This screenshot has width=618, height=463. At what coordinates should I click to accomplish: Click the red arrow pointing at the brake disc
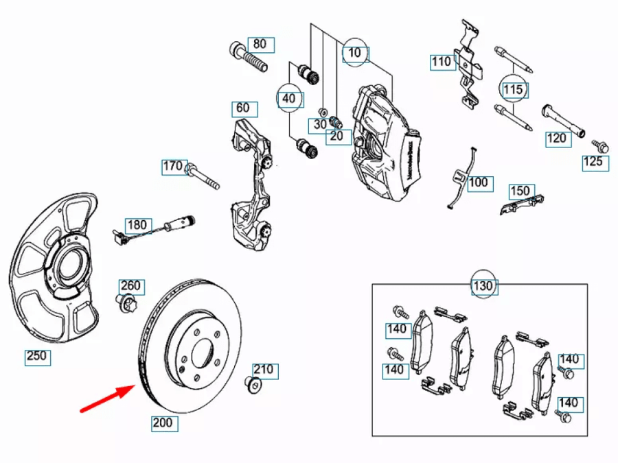coord(108,399)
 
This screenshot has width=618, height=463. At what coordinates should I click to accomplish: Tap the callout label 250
coord(38,357)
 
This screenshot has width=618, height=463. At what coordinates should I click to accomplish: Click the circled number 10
coord(355,53)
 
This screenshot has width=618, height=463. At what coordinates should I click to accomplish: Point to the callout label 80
coord(260,45)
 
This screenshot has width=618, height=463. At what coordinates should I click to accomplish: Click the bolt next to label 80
coord(248,57)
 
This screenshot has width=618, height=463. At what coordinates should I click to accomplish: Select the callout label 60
coord(244,108)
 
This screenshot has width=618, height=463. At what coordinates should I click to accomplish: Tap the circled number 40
coord(290,98)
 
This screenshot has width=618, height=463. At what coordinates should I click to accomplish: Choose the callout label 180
coord(138,225)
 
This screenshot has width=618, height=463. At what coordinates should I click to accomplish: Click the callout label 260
coord(132,286)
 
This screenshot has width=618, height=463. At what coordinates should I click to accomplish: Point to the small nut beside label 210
coord(253,384)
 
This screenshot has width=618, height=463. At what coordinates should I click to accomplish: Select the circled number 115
coord(514,90)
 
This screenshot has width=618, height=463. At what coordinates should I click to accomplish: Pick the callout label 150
coord(522,191)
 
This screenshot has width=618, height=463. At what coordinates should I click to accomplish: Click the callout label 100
coord(480,183)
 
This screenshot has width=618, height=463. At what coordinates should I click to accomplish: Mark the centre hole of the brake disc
coord(202,353)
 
